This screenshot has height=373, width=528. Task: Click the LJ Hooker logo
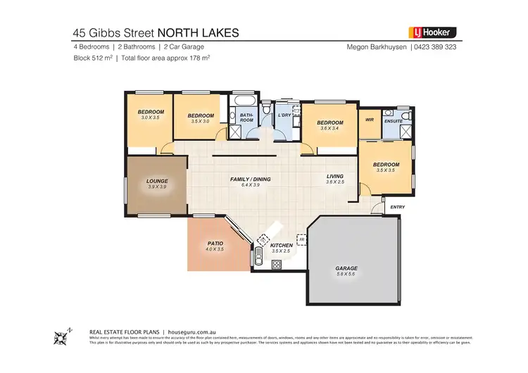point(433,32)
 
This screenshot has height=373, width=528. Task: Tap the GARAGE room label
point(346,268)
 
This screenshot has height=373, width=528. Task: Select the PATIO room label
point(215,244)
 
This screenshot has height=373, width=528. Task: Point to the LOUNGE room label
point(156,181)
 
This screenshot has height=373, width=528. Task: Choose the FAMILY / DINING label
point(251,179)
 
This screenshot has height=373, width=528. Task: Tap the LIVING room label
point(334,177)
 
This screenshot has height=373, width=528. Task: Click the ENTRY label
point(398,207)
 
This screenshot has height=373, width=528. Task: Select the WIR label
point(369,120)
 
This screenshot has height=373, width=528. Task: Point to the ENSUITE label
point(393,121)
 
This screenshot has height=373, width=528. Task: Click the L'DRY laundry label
point(285,115)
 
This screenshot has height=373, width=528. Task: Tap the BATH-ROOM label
point(246,118)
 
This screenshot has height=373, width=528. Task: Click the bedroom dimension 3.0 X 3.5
point(151,118)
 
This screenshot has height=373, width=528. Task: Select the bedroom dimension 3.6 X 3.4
point(330,128)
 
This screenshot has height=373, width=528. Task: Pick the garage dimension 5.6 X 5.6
point(346,274)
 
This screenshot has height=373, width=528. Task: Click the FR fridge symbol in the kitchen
point(301,239)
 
